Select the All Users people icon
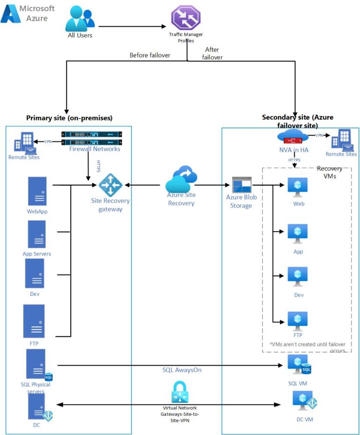click(80, 19)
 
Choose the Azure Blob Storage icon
click(242, 186)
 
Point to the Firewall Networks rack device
click(91, 138)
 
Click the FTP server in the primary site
click(34, 321)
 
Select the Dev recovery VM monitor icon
click(298, 277)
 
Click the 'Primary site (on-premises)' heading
click(69, 118)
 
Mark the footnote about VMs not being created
click(307, 347)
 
